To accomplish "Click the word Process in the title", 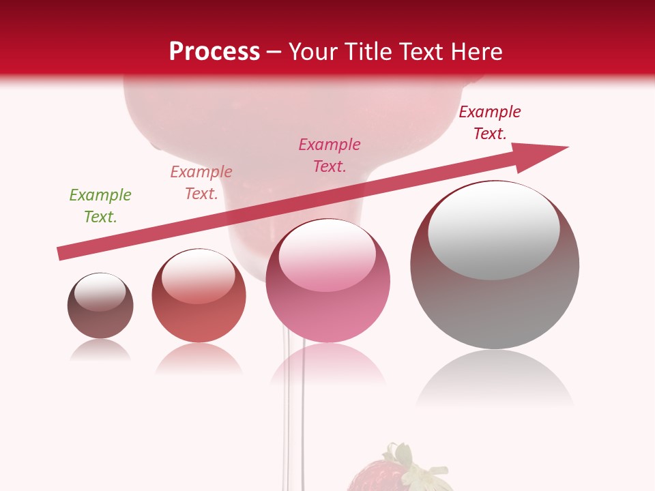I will pyautogui.click(x=214, y=52).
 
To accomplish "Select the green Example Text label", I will pyautogui.click(x=100, y=206).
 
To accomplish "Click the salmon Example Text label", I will pyautogui.click(x=201, y=183).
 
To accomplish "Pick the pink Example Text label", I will pyautogui.click(x=330, y=155).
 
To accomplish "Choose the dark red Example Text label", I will pyautogui.click(x=490, y=123).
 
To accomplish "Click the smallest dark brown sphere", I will pyautogui.click(x=100, y=321).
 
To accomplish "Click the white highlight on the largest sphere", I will pyautogui.click(x=494, y=228).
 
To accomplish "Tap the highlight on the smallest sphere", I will pyautogui.click(x=100, y=292).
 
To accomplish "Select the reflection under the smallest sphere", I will pyautogui.click(x=100, y=351).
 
